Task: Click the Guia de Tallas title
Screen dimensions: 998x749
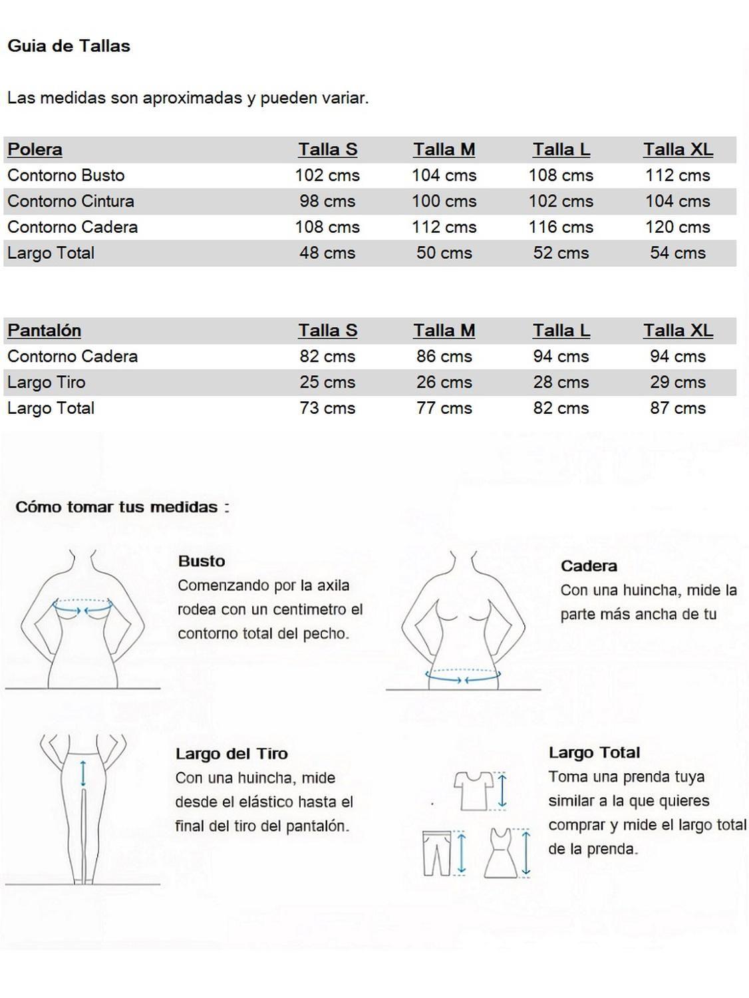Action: click(x=69, y=46)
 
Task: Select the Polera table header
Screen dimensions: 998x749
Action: click(x=35, y=150)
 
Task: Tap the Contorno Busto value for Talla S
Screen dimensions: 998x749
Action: click(x=327, y=176)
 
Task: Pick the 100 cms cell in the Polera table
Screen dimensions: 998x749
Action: click(x=444, y=202)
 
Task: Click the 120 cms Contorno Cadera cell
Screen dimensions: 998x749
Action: click(x=677, y=228)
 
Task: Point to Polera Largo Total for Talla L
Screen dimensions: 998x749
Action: click(x=561, y=253)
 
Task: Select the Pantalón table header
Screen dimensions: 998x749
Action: click(x=44, y=331)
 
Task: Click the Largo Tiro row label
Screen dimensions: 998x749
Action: click(x=47, y=383)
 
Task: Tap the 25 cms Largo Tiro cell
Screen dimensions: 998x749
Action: click(x=327, y=383)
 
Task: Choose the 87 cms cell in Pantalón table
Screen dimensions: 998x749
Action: click(x=677, y=409)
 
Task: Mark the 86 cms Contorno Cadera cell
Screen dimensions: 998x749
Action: click(x=444, y=357)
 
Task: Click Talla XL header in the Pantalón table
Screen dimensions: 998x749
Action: click(x=677, y=331)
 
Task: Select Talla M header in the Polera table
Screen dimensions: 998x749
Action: click(x=444, y=150)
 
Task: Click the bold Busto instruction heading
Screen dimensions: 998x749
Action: click(x=202, y=562)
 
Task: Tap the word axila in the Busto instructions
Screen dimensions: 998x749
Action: click(x=333, y=585)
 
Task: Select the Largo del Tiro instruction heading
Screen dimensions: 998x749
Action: click(x=231, y=754)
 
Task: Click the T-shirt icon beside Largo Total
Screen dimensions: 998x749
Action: click(x=473, y=790)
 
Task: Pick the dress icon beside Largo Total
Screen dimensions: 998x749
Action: click(x=501, y=853)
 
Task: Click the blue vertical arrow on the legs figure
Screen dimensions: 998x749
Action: click(x=82, y=773)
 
